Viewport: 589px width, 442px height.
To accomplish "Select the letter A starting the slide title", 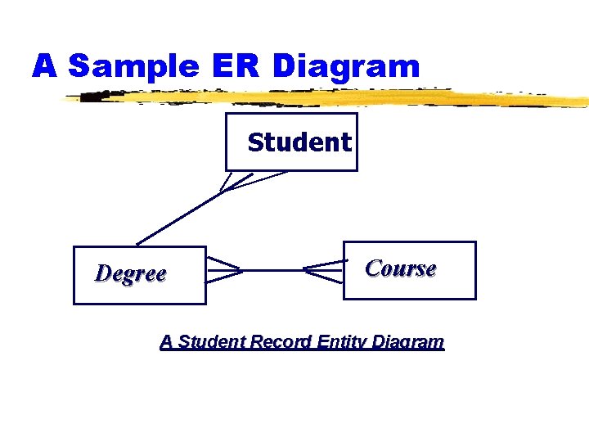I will click(x=45, y=66).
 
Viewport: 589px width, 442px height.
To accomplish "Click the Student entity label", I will click(x=299, y=142).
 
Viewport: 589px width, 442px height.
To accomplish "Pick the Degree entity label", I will click(x=131, y=273).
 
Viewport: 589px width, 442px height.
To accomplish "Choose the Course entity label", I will click(x=401, y=268).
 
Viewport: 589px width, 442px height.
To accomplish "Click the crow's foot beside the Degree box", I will click(x=223, y=270).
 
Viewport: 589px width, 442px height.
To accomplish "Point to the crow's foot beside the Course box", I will click(x=324, y=270).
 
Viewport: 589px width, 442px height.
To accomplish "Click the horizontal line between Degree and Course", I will click(x=272, y=270).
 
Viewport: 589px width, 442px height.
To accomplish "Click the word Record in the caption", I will click(x=281, y=342).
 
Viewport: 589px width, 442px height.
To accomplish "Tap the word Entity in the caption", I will click(x=343, y=342).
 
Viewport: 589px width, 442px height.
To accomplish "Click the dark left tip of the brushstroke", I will click(x=94, y=97).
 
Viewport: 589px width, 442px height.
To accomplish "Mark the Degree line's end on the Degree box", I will click(x=137, y=245).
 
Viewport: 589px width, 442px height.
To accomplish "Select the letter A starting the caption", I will click(x=166, y=342).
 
